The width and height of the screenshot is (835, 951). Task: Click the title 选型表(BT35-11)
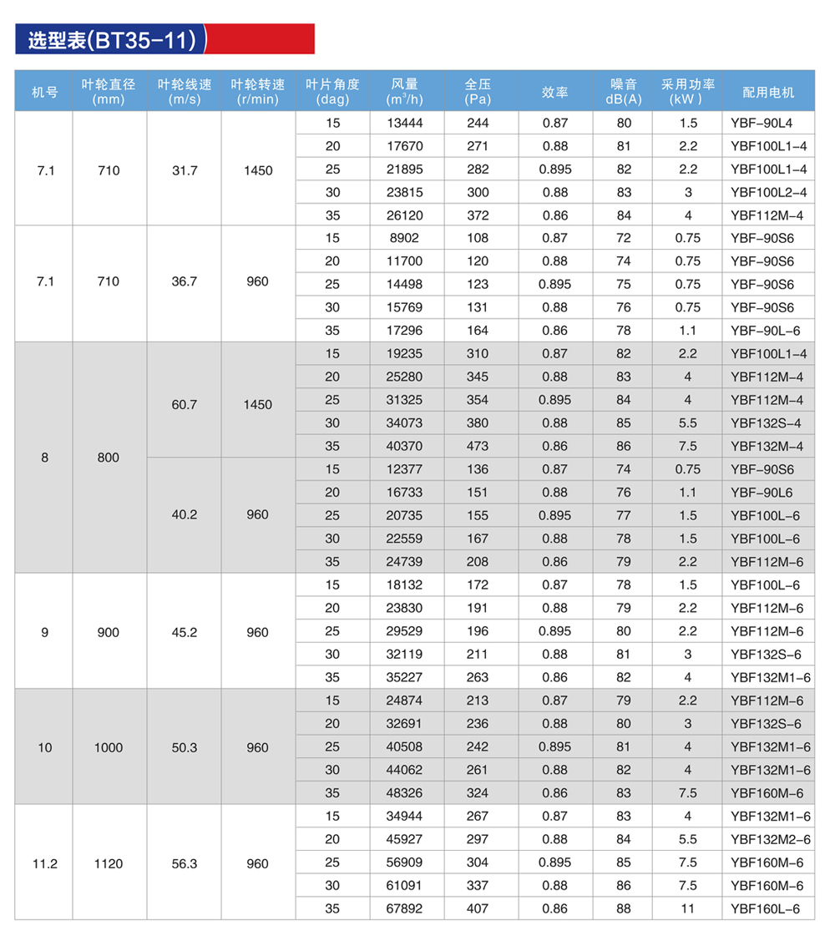pos(112,40)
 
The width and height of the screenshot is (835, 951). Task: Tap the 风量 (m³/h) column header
pos(405,91)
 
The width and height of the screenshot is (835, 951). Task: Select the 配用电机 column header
pos(768,92)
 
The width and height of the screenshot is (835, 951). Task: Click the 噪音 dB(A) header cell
pos(623,91)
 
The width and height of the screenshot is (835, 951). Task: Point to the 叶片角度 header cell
pos(332,91)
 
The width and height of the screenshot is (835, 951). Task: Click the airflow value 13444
pos(406,123)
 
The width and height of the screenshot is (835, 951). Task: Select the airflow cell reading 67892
pos(406,908)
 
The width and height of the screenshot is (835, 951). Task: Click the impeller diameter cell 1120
pos(109,863)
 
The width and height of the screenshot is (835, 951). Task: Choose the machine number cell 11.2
pos(44,863)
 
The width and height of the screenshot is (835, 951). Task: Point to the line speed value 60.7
pos(184,404)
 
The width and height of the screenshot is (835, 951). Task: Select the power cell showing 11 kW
pos(687,908)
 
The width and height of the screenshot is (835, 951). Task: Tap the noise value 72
pos(623,238)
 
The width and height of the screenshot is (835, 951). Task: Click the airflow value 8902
pos(406,238)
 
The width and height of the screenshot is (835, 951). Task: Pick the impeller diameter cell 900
pos(109,632)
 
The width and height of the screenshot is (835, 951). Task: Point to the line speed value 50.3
pos(184,747)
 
